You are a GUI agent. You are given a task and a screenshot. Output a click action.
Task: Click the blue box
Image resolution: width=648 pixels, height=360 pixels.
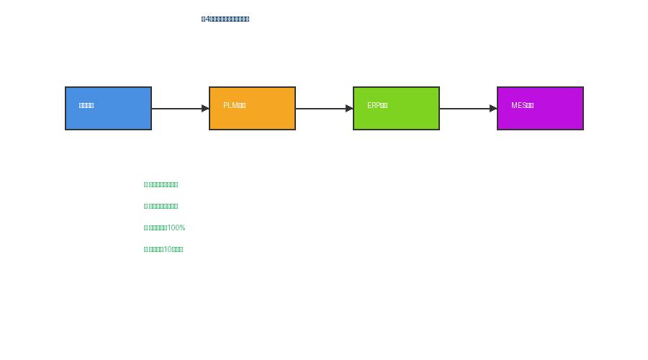click(x=108, y=108)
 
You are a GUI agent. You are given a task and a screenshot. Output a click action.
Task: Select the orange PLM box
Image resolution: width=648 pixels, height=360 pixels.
click(x=252, y=108)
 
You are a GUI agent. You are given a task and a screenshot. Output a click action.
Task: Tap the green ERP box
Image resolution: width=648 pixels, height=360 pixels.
click(x=396, y=108)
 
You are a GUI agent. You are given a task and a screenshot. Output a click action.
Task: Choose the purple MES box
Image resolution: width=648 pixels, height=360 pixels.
click(x=540, y=108)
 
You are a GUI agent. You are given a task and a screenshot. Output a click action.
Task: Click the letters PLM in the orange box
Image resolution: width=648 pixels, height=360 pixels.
click(x=230, y=106)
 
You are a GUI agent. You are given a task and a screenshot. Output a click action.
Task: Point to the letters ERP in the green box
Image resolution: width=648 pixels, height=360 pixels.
click(x=373, y=106)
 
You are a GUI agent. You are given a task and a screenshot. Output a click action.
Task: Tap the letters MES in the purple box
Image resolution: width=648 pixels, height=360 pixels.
click(x=518, y=106)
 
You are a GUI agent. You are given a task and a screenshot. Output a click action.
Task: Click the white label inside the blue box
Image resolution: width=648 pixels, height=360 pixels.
click(x=86, y=106)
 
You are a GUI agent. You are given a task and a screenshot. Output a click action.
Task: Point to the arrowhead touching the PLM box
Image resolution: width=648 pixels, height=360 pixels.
click(x=205, y=109)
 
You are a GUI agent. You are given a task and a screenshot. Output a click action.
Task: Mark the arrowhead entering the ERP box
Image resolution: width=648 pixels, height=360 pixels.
click(x=349, y=109)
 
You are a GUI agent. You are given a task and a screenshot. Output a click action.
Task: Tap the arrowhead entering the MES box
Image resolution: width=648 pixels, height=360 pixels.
click(x=493, y=109)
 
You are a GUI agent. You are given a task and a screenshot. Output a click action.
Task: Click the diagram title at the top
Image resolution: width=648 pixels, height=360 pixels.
click(x=225, y=19)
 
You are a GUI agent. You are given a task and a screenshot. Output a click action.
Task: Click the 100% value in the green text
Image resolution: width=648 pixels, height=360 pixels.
click(x=176, y=228)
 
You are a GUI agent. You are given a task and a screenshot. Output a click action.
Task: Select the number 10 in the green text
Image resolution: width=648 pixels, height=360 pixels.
click(x=168, y=250)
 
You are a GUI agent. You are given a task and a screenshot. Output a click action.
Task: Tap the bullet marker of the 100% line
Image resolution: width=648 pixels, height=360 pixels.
click(x=145, y=228)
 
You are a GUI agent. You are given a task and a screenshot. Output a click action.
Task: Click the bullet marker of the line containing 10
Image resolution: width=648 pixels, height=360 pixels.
click(x=145, y=250)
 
